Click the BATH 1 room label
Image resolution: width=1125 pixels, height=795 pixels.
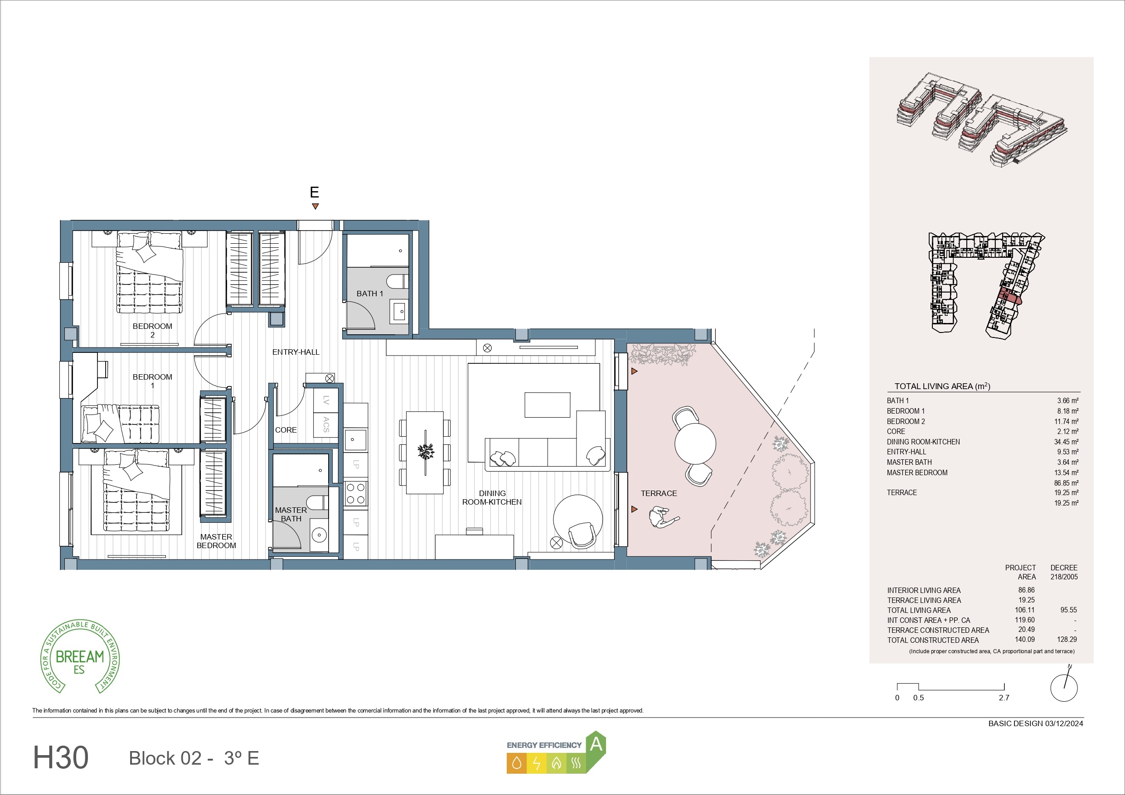point(369,294)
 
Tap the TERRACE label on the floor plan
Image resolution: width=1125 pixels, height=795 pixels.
point(659,493)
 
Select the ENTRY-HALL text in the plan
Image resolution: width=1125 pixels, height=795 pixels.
point(296,352)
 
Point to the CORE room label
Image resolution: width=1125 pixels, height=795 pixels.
point(286,429)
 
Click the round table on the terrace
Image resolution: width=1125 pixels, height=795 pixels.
point(695,443)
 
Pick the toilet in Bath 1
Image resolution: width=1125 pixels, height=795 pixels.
point(397,282)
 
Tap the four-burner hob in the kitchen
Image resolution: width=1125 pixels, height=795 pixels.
point(356,493)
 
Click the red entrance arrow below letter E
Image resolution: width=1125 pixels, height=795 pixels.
point(315,206)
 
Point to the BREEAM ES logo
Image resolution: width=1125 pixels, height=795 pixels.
point(80,656)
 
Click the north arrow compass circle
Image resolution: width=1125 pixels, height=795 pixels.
point(1064,687)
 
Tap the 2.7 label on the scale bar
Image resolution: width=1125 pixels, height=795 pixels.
point(1004,698)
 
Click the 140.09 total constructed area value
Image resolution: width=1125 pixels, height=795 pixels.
point(1024,639)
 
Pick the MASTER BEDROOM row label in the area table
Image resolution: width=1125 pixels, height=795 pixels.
point(917,472)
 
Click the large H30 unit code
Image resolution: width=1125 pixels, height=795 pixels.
point(61,757)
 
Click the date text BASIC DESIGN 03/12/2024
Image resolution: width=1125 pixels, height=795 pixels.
point(1036,723)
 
